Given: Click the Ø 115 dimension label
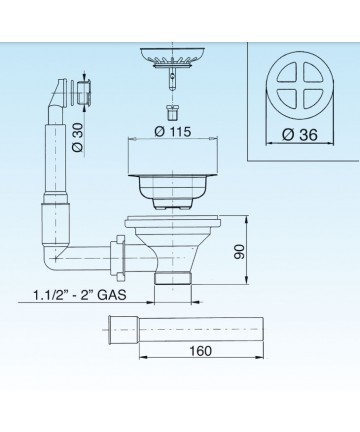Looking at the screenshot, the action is click(173, 131).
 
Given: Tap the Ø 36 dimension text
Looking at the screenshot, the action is click(300, 135).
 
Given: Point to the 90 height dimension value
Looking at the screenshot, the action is click(239, 252).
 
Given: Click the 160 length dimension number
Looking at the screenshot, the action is click(200, 351).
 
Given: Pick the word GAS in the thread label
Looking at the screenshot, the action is click(112, 295).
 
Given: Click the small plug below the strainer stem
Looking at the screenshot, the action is click(172, 113).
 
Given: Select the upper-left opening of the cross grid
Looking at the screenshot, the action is click(288, 74).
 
